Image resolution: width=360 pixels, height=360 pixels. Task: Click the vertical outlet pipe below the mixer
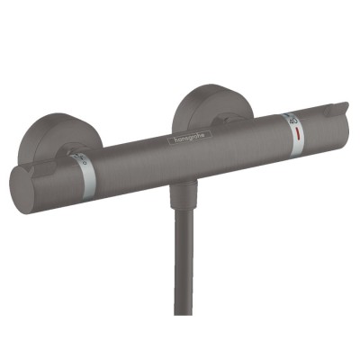pos(184,261)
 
